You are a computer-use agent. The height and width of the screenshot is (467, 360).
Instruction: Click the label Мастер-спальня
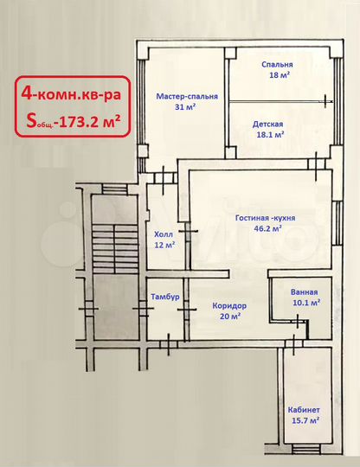[186, 96]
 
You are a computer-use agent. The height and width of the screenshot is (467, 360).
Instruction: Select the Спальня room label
[277, 65]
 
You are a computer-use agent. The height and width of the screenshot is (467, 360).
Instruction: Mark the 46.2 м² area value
[265, 230]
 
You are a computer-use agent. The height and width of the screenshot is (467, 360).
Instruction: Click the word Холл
[164, 233]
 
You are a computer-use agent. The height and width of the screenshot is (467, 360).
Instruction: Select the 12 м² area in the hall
[164, 245]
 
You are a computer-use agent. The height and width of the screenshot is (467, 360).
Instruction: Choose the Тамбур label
[164, 297]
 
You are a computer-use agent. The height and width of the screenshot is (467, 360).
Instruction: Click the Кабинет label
[304, 409]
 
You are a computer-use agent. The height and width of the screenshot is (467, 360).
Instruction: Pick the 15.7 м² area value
[304, 420]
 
